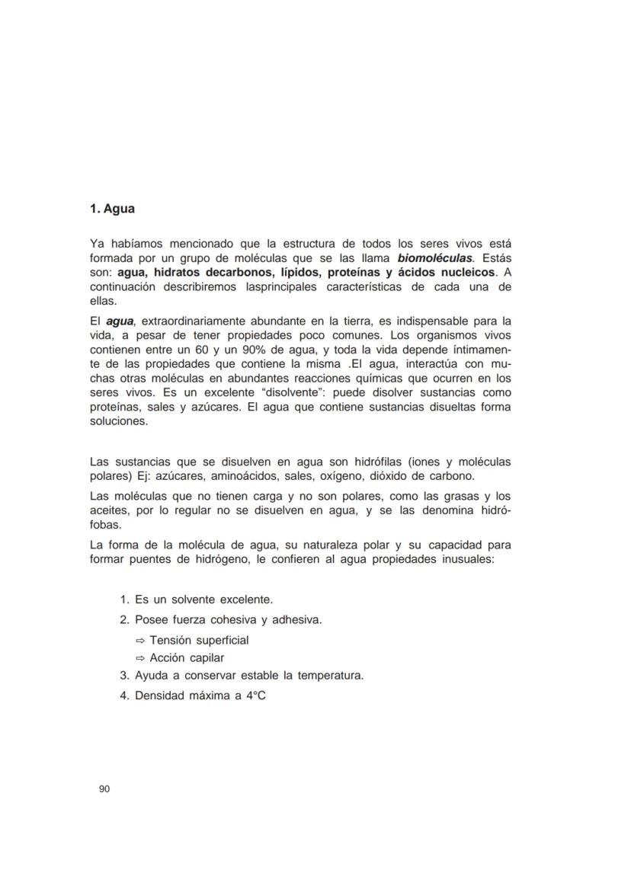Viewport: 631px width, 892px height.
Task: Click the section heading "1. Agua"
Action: point(112,208)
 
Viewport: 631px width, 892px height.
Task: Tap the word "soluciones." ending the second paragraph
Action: point(119,421)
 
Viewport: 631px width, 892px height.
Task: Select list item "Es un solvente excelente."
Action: point(203,599)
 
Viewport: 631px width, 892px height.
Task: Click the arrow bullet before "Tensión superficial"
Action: point(140,641)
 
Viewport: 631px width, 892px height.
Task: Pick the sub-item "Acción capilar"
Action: point(187,658)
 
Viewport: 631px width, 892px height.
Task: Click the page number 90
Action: point(105,789)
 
